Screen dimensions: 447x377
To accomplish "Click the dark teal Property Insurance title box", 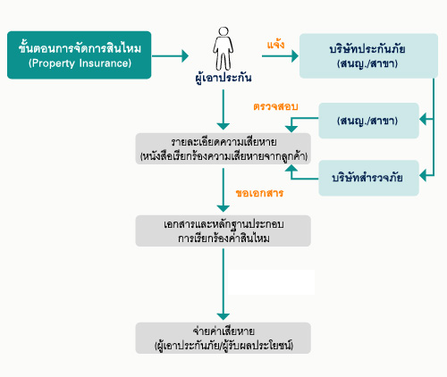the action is coord(80,55).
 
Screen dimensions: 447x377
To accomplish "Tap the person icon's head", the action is coord(223,31).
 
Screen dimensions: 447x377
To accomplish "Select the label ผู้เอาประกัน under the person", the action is coord(223,78).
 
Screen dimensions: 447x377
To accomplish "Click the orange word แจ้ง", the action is coord(275,44).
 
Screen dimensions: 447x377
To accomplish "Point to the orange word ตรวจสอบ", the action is coord(275,106).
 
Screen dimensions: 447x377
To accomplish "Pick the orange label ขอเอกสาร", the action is coord(259,193).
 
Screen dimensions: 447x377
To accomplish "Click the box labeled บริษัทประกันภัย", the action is coord(368,56).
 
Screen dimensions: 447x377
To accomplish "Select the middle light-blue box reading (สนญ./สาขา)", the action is coord(368,121).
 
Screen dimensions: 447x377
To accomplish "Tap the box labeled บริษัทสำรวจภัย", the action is coord(368,178).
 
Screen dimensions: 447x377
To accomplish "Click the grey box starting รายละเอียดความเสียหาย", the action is coord(223,148).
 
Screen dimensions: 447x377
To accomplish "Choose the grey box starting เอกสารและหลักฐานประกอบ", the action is coord(223,230).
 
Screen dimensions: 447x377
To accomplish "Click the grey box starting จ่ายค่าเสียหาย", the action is coord(223,338).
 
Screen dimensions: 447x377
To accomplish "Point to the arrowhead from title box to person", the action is coord(185,55).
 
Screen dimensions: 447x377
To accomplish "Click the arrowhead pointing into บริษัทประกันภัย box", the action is coord(295,56).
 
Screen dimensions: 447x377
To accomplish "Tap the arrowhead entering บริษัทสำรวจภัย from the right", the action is coord(423,176).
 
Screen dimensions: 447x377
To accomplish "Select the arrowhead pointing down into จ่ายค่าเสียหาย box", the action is coord(223,317).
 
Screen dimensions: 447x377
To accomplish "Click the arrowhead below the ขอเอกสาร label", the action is coord(223,208).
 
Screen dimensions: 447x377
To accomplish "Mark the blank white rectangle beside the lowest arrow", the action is coord(272,282).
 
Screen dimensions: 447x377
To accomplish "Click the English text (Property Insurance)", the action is coord(80,63).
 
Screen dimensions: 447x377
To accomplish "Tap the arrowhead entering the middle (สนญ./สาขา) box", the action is coord(423,120).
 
